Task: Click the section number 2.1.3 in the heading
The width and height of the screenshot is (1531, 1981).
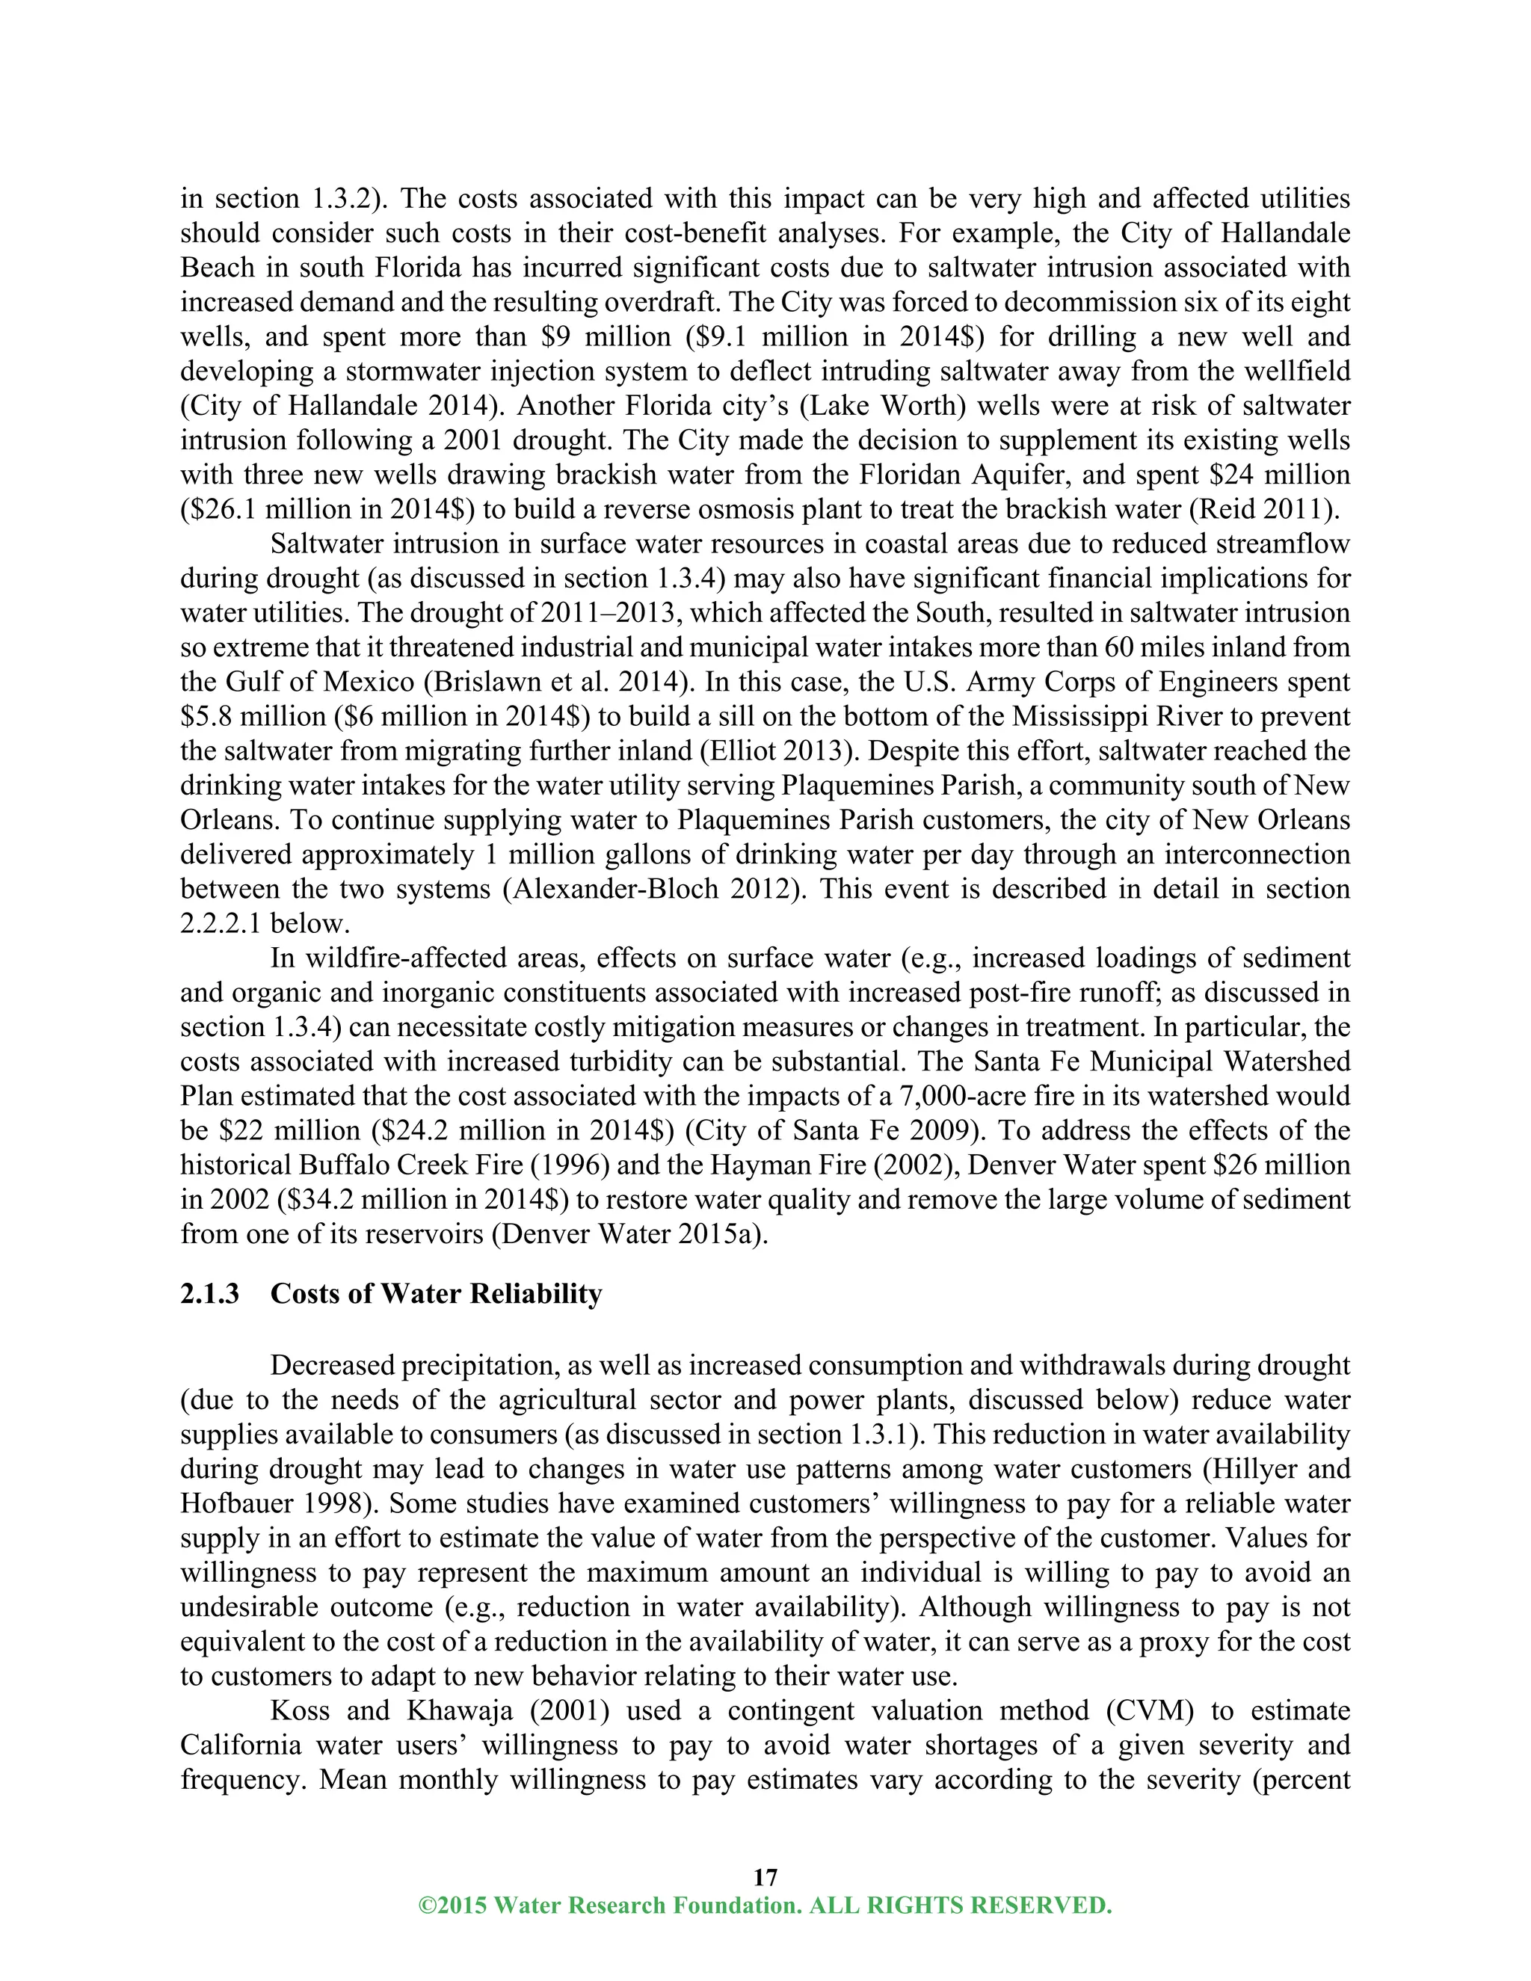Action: click(209, 1293)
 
